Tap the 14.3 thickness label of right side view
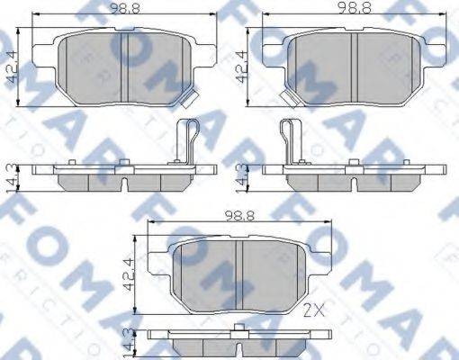point(240,175)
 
